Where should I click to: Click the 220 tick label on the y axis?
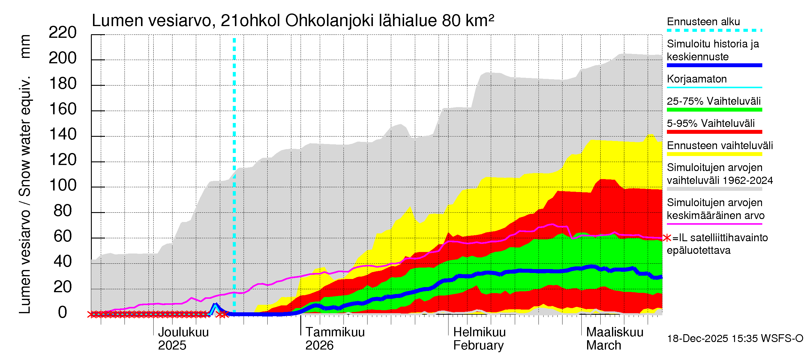coord(62,33)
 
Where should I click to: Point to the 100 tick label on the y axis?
coord(63,185)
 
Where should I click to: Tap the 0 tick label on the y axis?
coord(63,313)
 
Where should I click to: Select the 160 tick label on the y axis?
coord(63,109)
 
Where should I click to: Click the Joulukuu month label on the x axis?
coord(183,332)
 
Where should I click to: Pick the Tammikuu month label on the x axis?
coord(335,332)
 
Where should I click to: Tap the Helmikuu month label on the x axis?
coord(479,332)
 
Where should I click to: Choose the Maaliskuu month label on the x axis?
coord(615,332)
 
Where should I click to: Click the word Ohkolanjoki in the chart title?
coord(329,21)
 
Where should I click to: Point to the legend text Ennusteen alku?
coord(703,22)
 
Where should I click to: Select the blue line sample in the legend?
coord(714,65)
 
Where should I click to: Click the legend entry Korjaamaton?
coord(697,79)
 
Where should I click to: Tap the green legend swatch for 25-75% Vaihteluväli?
coord(714,110)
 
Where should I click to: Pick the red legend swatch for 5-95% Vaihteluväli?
coord(714,132)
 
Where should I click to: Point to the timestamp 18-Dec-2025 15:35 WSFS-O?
coord(735,339)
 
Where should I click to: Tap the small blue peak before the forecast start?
coord(215,305)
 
